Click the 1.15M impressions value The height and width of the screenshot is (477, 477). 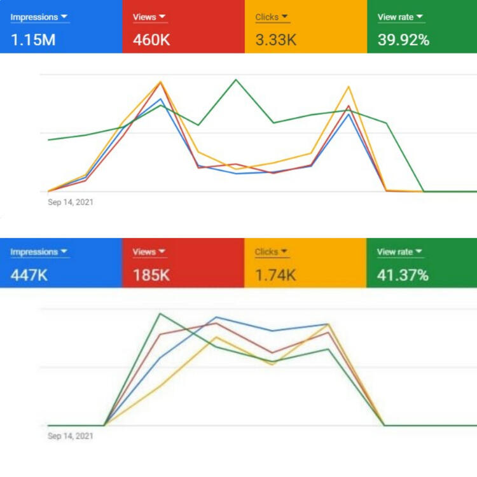33,40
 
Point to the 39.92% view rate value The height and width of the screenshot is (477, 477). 403,40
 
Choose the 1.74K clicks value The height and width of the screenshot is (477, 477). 275,275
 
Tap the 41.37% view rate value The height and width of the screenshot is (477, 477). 403,275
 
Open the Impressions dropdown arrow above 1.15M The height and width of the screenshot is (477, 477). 64,17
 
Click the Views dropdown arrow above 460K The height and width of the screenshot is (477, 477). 162,17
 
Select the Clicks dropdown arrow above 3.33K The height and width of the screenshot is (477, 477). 284,17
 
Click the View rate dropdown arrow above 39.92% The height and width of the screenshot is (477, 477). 420,17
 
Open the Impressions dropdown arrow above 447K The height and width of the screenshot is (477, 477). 64,252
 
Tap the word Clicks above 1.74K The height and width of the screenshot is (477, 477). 267,252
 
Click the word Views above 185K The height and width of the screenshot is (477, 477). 144,252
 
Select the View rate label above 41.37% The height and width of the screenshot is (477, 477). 395,252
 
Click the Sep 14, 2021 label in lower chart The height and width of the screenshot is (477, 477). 71,436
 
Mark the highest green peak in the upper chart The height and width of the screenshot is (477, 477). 236,79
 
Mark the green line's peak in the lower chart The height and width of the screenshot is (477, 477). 160,314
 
